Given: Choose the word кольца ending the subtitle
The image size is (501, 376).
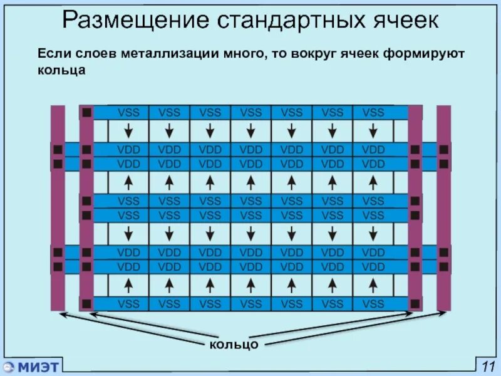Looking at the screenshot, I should click(x=61, y=71).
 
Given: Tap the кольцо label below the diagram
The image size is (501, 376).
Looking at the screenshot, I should click(x=234, y=345).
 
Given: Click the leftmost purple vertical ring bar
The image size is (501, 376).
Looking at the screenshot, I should click(x=58, y=207).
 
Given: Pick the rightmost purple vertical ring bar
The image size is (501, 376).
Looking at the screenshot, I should click(x=443, y=207).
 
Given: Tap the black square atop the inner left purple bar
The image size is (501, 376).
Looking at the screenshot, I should click(x=86, y=113).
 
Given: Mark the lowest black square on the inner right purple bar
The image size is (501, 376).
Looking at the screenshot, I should click(x=415, y=303).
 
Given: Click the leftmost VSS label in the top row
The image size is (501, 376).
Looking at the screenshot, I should click(x=128, y=113).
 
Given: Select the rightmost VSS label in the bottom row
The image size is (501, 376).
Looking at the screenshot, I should click(x=373, y=304).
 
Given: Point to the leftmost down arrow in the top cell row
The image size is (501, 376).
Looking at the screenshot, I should click(x=128, y=131).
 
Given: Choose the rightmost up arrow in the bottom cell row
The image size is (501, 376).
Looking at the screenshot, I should click(x=373, y=285).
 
